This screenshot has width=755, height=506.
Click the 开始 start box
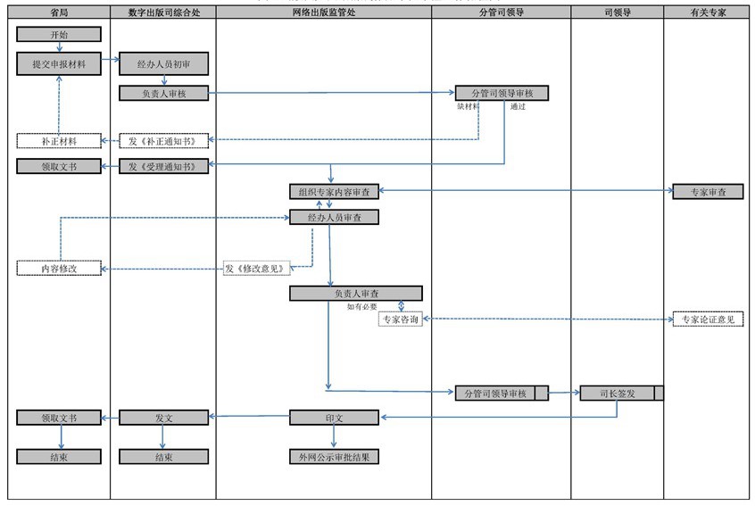point(59,35)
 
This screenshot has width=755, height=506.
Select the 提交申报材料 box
point(59,64)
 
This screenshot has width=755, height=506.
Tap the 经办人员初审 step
point(163,64)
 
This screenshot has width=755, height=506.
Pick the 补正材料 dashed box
point(59,141)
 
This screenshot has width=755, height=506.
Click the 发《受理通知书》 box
point(163,166)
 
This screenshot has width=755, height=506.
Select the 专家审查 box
point(708,191)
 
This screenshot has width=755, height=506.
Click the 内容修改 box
point(59,269)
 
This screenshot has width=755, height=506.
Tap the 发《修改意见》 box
point(257,269)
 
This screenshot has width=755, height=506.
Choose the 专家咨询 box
point(400,319)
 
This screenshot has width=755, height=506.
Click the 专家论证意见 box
point(708,319)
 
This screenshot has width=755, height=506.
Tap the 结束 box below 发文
point(163,457)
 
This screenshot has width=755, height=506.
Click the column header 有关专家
point(708,13)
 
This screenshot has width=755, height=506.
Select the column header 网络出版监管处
point(323,13)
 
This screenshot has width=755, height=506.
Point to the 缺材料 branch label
point(468,106)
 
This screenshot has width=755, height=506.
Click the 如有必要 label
point(362,306)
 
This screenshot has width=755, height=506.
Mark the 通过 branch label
point(518,106)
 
